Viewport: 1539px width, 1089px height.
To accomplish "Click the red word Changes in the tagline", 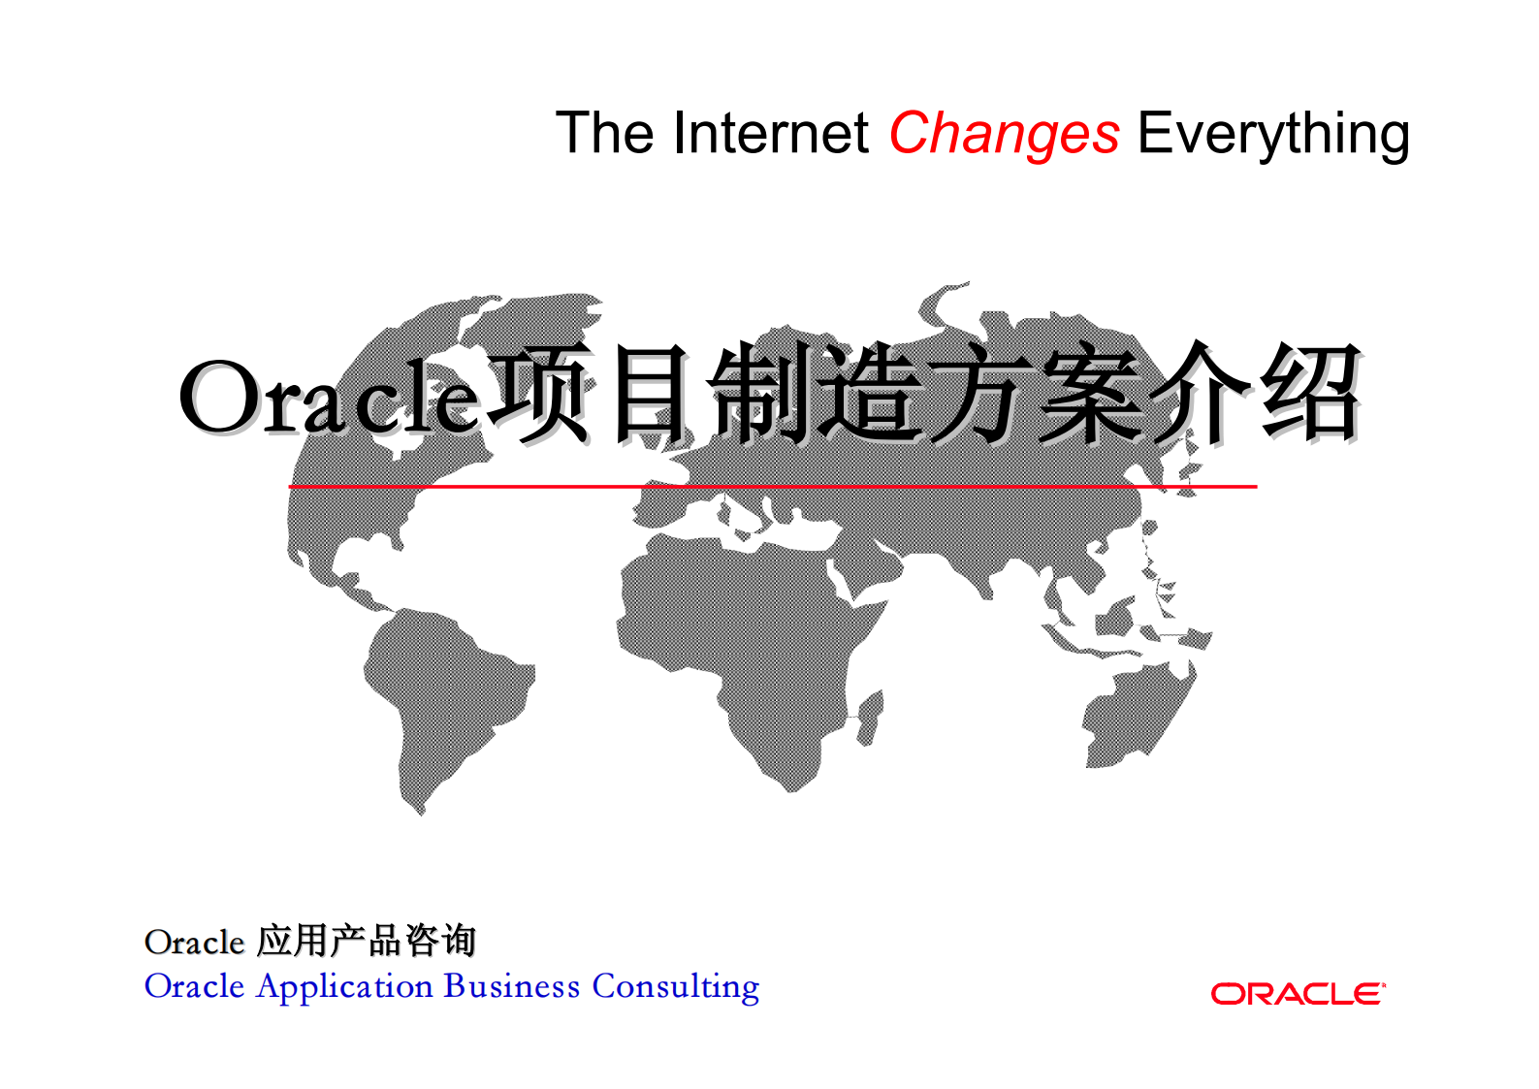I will [1004, 134].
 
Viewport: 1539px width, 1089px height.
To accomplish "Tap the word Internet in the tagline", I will [771, 134].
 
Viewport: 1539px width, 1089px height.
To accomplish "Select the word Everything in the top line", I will [1272, 134].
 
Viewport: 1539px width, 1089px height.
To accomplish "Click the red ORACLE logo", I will [1298, 994].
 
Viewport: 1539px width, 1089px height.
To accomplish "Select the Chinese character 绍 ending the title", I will [1311, 394].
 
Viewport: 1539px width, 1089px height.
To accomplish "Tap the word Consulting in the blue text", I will [676, 986].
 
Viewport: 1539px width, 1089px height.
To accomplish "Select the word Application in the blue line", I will [344, 986].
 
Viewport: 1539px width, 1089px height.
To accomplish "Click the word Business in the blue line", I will [512, 986].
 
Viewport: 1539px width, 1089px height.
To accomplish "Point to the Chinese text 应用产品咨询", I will [366, 941].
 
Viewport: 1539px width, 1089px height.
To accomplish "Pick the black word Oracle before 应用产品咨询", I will [194, 942].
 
